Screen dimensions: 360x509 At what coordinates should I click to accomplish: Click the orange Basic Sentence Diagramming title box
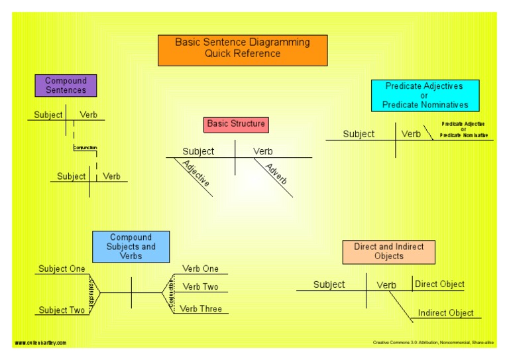click(243, 50)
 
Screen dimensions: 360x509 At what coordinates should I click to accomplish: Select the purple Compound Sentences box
click(66, 86)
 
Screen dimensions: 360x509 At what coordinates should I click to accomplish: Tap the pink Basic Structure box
click(235, 124)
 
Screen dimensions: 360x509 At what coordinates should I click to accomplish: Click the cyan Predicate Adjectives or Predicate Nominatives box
click(425, 95)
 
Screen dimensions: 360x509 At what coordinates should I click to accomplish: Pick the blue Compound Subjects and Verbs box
click(131, 247)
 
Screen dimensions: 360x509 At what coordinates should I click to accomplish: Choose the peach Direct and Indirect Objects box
click(388, 252)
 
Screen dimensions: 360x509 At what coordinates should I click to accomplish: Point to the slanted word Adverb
click(276, 174)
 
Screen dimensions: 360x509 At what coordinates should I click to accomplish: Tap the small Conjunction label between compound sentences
click(85, 147)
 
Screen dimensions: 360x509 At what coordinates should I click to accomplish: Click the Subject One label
click(62, 269)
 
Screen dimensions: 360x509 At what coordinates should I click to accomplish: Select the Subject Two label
click(62, 310)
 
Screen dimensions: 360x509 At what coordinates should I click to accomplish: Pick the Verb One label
click(200, 269)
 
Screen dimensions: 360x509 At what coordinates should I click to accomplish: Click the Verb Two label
click(200, 287)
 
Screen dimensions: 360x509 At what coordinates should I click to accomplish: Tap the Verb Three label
click(201, 309)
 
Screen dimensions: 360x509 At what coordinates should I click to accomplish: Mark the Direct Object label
click(439, 284)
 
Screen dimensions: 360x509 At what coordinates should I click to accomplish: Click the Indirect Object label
click(445, 313)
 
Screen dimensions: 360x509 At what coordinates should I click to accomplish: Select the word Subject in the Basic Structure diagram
click(198, 151)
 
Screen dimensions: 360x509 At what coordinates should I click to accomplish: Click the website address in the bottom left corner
click(40, 343)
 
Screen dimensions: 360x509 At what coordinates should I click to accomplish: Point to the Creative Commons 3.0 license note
click(433, 343)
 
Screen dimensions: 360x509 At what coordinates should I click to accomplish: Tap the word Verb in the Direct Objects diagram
click(386, 285)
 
